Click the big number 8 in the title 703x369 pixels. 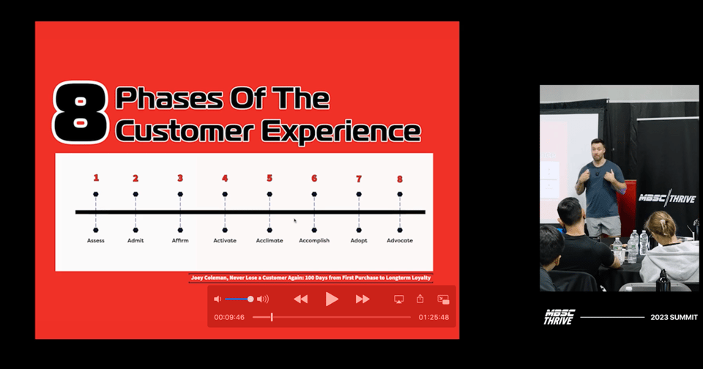pos(81,112)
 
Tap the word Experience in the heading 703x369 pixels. pos(341,131)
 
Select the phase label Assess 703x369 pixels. pos(95,241)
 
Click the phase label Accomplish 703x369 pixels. pos(314,241)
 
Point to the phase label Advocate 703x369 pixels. pos(400,241)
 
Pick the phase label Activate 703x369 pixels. pos(225,241)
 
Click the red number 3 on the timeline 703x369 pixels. pos(180,179)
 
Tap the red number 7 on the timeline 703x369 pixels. pos(359,179)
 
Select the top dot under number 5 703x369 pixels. pos(269,194)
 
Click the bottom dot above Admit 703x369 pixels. pos(135,230)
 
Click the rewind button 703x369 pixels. pos(300,299)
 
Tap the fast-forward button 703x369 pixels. pos(362,299)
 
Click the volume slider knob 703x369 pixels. pos(250,299)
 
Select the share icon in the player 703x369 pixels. pos(420,299)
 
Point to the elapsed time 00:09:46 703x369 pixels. pos(229,318)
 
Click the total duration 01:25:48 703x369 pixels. pos(434,318)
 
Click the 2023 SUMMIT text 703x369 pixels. pos(674,318)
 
